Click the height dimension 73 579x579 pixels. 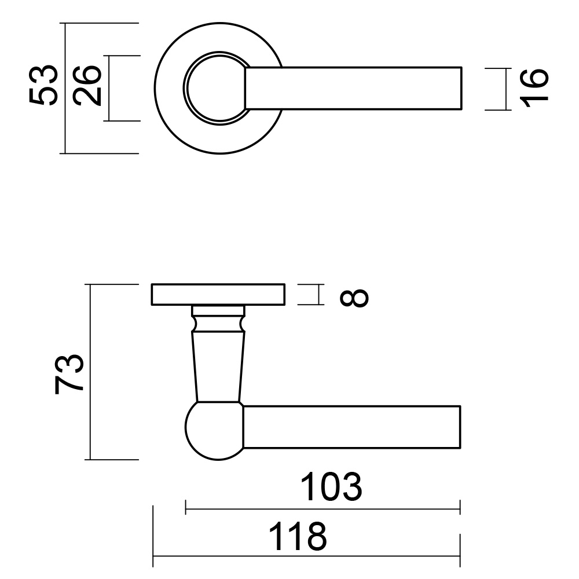[x=70, y=374]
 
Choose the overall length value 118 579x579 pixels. [x=299, y=537]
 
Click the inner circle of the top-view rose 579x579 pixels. [x=213, y=89]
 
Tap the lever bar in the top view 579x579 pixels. [x=353, y=89]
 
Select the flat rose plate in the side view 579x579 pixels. [x=218, y=295]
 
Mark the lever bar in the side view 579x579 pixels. [x=351, y=427]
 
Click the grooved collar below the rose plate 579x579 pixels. [x=217, y=319]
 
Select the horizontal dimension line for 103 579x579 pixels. [x=322, y=510]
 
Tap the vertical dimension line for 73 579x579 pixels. [x=91, y=372]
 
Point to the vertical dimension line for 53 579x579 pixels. [x=65, y=88]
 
